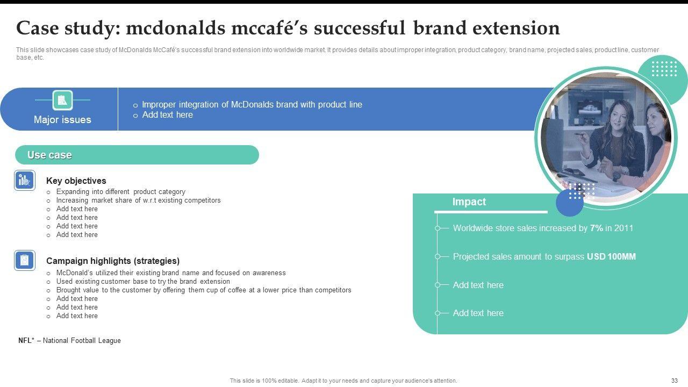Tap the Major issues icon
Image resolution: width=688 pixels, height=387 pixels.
pos(63,100)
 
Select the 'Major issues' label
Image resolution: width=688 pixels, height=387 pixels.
pos(62,119)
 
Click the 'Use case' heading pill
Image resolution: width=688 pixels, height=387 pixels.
pos(137,155)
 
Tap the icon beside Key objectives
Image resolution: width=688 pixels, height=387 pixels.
pos(25,180)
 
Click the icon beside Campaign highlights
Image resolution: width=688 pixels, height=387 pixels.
pos(25,261)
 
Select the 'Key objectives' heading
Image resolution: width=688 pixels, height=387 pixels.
pos(76,181)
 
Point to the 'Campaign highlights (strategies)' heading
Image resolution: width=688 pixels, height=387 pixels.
pos(113,261)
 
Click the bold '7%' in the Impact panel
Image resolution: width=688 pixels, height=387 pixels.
pos(597,228)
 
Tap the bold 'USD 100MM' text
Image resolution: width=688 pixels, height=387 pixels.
pos(611,256)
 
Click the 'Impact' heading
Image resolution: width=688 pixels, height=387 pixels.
pos(469,202)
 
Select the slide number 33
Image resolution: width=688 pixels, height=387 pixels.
pos(675,381)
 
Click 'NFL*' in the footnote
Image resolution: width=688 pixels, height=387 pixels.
pos(26,340)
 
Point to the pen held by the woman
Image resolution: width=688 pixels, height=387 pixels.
pos(579,134)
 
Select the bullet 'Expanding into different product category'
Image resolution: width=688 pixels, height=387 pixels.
pos(121,192)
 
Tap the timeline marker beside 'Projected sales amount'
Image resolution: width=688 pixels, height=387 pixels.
pos(438,256)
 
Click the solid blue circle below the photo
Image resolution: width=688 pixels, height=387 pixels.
pos(569,203)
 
